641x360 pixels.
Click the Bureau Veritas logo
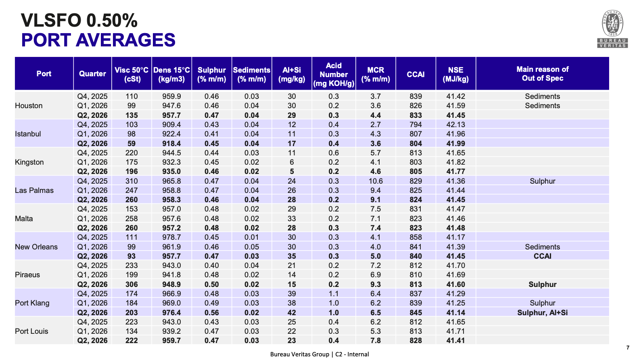click(612, 29)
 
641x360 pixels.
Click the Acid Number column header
click(334, 75)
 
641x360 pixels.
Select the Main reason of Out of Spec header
click(542, 73)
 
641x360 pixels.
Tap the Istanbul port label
click(28, 134)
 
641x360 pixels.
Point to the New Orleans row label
click(36, 247)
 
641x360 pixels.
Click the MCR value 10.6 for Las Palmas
click(376, 181)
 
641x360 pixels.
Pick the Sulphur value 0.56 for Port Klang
click(211, 312)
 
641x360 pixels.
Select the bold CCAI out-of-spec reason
click(542, 256)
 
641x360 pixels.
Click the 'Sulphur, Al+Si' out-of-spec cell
click(542, 312)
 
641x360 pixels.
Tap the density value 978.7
click(171, 237)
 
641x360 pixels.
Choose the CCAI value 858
click(416, 237)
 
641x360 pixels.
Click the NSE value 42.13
click(455, 125)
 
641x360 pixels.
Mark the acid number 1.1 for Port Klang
click(334, 293)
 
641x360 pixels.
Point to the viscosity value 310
click(132, 181)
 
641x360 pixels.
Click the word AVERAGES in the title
click(125, 40)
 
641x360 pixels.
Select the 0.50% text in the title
click(112, 21)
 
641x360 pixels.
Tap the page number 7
click(628, 347)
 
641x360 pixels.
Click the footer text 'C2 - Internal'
click(352, 354)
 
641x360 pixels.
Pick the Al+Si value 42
click(292, 312)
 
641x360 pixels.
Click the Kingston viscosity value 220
click(132, 153)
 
